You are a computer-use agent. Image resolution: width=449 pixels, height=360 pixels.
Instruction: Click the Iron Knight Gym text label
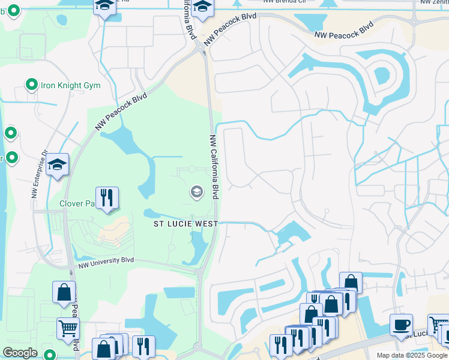(70, 85)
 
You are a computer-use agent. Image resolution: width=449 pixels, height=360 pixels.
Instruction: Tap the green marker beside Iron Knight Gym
(31, 85)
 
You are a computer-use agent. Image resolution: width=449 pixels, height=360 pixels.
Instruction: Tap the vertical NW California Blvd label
(214, 167)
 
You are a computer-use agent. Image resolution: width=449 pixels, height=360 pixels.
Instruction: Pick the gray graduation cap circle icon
(196, 192)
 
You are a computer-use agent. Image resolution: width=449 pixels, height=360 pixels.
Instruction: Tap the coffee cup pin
(401, 325)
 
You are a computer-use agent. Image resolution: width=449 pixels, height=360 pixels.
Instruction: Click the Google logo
(20, 353)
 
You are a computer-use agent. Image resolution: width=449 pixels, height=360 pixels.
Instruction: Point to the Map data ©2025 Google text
(411, 355)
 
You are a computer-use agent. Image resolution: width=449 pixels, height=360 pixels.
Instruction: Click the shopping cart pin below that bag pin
(68, 328)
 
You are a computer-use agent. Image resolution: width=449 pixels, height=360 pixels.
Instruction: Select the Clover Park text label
(77, 203)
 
